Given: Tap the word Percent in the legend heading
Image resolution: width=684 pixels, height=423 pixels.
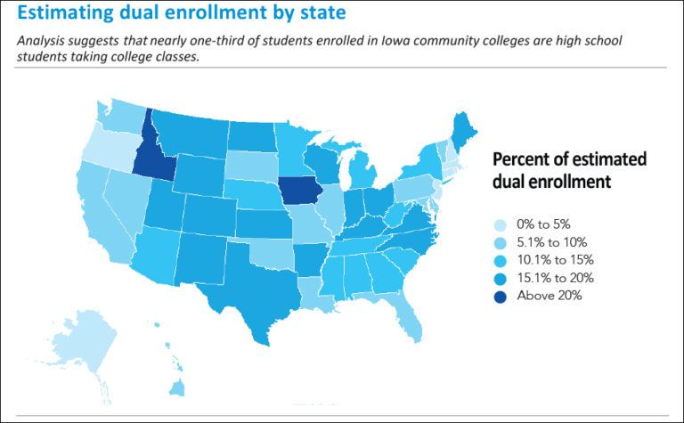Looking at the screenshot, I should click(x=521, y=160).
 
